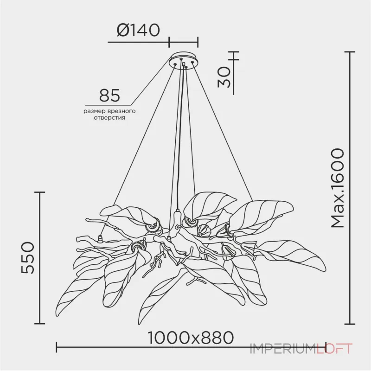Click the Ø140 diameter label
click(x=138, y=30)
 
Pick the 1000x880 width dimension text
click(x=190, y=338)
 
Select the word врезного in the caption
click(x=121, y=111)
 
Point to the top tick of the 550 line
click(x=40, y=192)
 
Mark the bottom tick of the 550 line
click(x=40, y=324)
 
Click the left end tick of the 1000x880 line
click(x=56, y=347)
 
